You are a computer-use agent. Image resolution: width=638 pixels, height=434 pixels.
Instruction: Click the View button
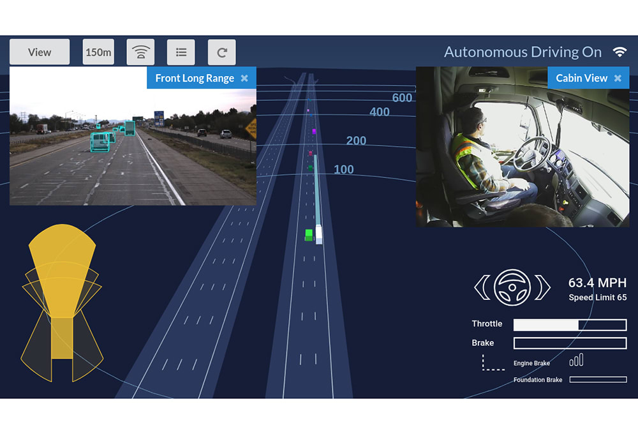pyautogui.click(x=40, y=52)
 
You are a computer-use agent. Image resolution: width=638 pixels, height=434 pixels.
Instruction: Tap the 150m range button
pyautogui.click(x=98, y=52)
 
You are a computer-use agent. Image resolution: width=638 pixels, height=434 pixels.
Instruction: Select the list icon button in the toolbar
pyautogui.click(x=181, y=52)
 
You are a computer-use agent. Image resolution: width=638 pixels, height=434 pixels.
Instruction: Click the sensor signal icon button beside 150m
pyautogui.click(x=140, y=52)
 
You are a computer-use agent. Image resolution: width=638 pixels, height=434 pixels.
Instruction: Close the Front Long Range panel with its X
pyautogui.click(x=244, y=79)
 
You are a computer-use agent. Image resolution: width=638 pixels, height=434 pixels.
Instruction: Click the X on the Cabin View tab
pyautogui.click(x=618, y=78)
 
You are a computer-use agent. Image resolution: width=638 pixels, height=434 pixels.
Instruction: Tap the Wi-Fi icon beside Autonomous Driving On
pyautogui.click(x=619, y=52)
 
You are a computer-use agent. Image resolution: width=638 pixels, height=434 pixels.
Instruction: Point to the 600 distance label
pyautogui.click(x=402, y=98)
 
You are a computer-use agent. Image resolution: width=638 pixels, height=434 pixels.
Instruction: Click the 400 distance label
pyautogui.click(x=380, y=112)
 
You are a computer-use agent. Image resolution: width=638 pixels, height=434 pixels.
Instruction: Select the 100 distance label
pyautogui.click(x=344, y=169)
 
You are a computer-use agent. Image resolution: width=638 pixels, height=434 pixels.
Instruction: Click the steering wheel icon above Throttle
pyautogui.click(x=512, y=287)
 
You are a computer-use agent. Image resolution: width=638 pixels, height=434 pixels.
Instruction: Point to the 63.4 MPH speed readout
pyautogui.click(x=597, y=283)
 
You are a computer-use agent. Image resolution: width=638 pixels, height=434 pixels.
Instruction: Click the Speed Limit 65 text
pyautogui.click(x=597, y=297)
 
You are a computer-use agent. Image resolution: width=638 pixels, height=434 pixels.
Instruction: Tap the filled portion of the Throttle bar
pyautogui.click(x=545, y=325)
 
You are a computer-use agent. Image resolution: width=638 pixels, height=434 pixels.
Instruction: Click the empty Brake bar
pyautogui.click(x=570, y=343)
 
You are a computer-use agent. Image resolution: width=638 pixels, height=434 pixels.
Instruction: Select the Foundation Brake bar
pyautogui.click(x=597, y=380)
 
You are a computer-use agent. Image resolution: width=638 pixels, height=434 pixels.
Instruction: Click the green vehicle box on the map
pyautogui.click(x=309, y=235)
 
